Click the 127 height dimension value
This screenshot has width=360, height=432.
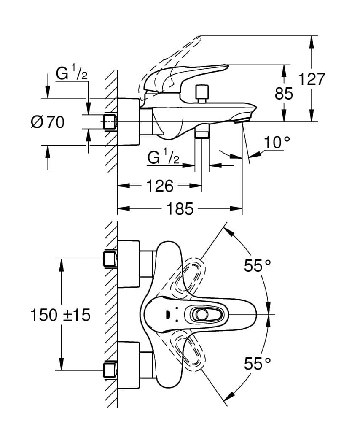[312, 79]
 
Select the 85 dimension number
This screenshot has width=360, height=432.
[284, 93]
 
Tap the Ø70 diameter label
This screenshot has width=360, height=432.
[48, 122]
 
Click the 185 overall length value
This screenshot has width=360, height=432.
[180, 208]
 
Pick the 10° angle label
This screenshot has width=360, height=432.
[278, 143]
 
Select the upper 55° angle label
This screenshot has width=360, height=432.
[257, 265]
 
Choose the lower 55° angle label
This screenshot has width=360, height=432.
[257, 363]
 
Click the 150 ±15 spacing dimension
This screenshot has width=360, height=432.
[61, 315]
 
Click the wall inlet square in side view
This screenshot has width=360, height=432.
[110, 122]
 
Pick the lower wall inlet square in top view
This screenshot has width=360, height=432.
[110, 370]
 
